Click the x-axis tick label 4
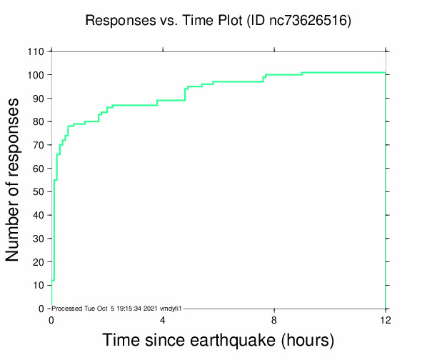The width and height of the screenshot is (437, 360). coord(163,319)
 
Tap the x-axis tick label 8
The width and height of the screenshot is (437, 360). coord(274,319)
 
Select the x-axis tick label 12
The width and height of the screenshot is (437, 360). coord(386,319)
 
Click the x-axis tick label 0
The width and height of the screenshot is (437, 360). coord(51,319)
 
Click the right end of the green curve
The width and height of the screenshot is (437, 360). coord(386,72)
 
